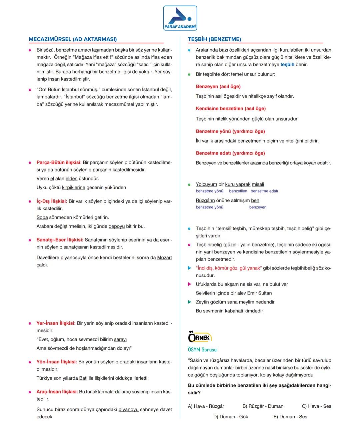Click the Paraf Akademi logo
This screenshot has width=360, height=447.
[x=180, y=18]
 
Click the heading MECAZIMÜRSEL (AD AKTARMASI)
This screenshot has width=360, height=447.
[x=73, y=39]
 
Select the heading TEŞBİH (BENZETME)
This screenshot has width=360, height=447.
[x=214, y=39]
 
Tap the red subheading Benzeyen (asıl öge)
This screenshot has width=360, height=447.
[x=218, y=87]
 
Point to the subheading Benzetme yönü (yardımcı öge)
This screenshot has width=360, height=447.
[x=230, y=131]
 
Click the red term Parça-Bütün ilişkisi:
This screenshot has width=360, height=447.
[x=59, y=163]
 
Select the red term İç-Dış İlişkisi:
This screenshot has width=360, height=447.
[x=52, y=201]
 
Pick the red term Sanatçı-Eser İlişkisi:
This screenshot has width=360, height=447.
[x=60, y=240]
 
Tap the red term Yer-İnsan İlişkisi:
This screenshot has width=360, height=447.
[x=56, y=323]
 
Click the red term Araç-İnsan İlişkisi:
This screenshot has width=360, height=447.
[x=57, y=392]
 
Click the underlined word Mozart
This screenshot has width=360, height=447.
[x=164, y=257]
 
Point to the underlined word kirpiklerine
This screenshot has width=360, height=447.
[x=73, y=188]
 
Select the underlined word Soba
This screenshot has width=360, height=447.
[x=42, y=218]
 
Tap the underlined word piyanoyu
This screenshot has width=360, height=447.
[x=128, y=409]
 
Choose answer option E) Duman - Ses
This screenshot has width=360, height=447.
[x=290, y=417]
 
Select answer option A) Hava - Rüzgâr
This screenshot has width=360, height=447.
[x=206, y=406]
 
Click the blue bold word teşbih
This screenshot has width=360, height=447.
[x=287, y=65]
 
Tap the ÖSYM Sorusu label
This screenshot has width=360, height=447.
[x=202, y=350]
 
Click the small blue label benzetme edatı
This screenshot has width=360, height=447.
[x=264, y=191]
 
